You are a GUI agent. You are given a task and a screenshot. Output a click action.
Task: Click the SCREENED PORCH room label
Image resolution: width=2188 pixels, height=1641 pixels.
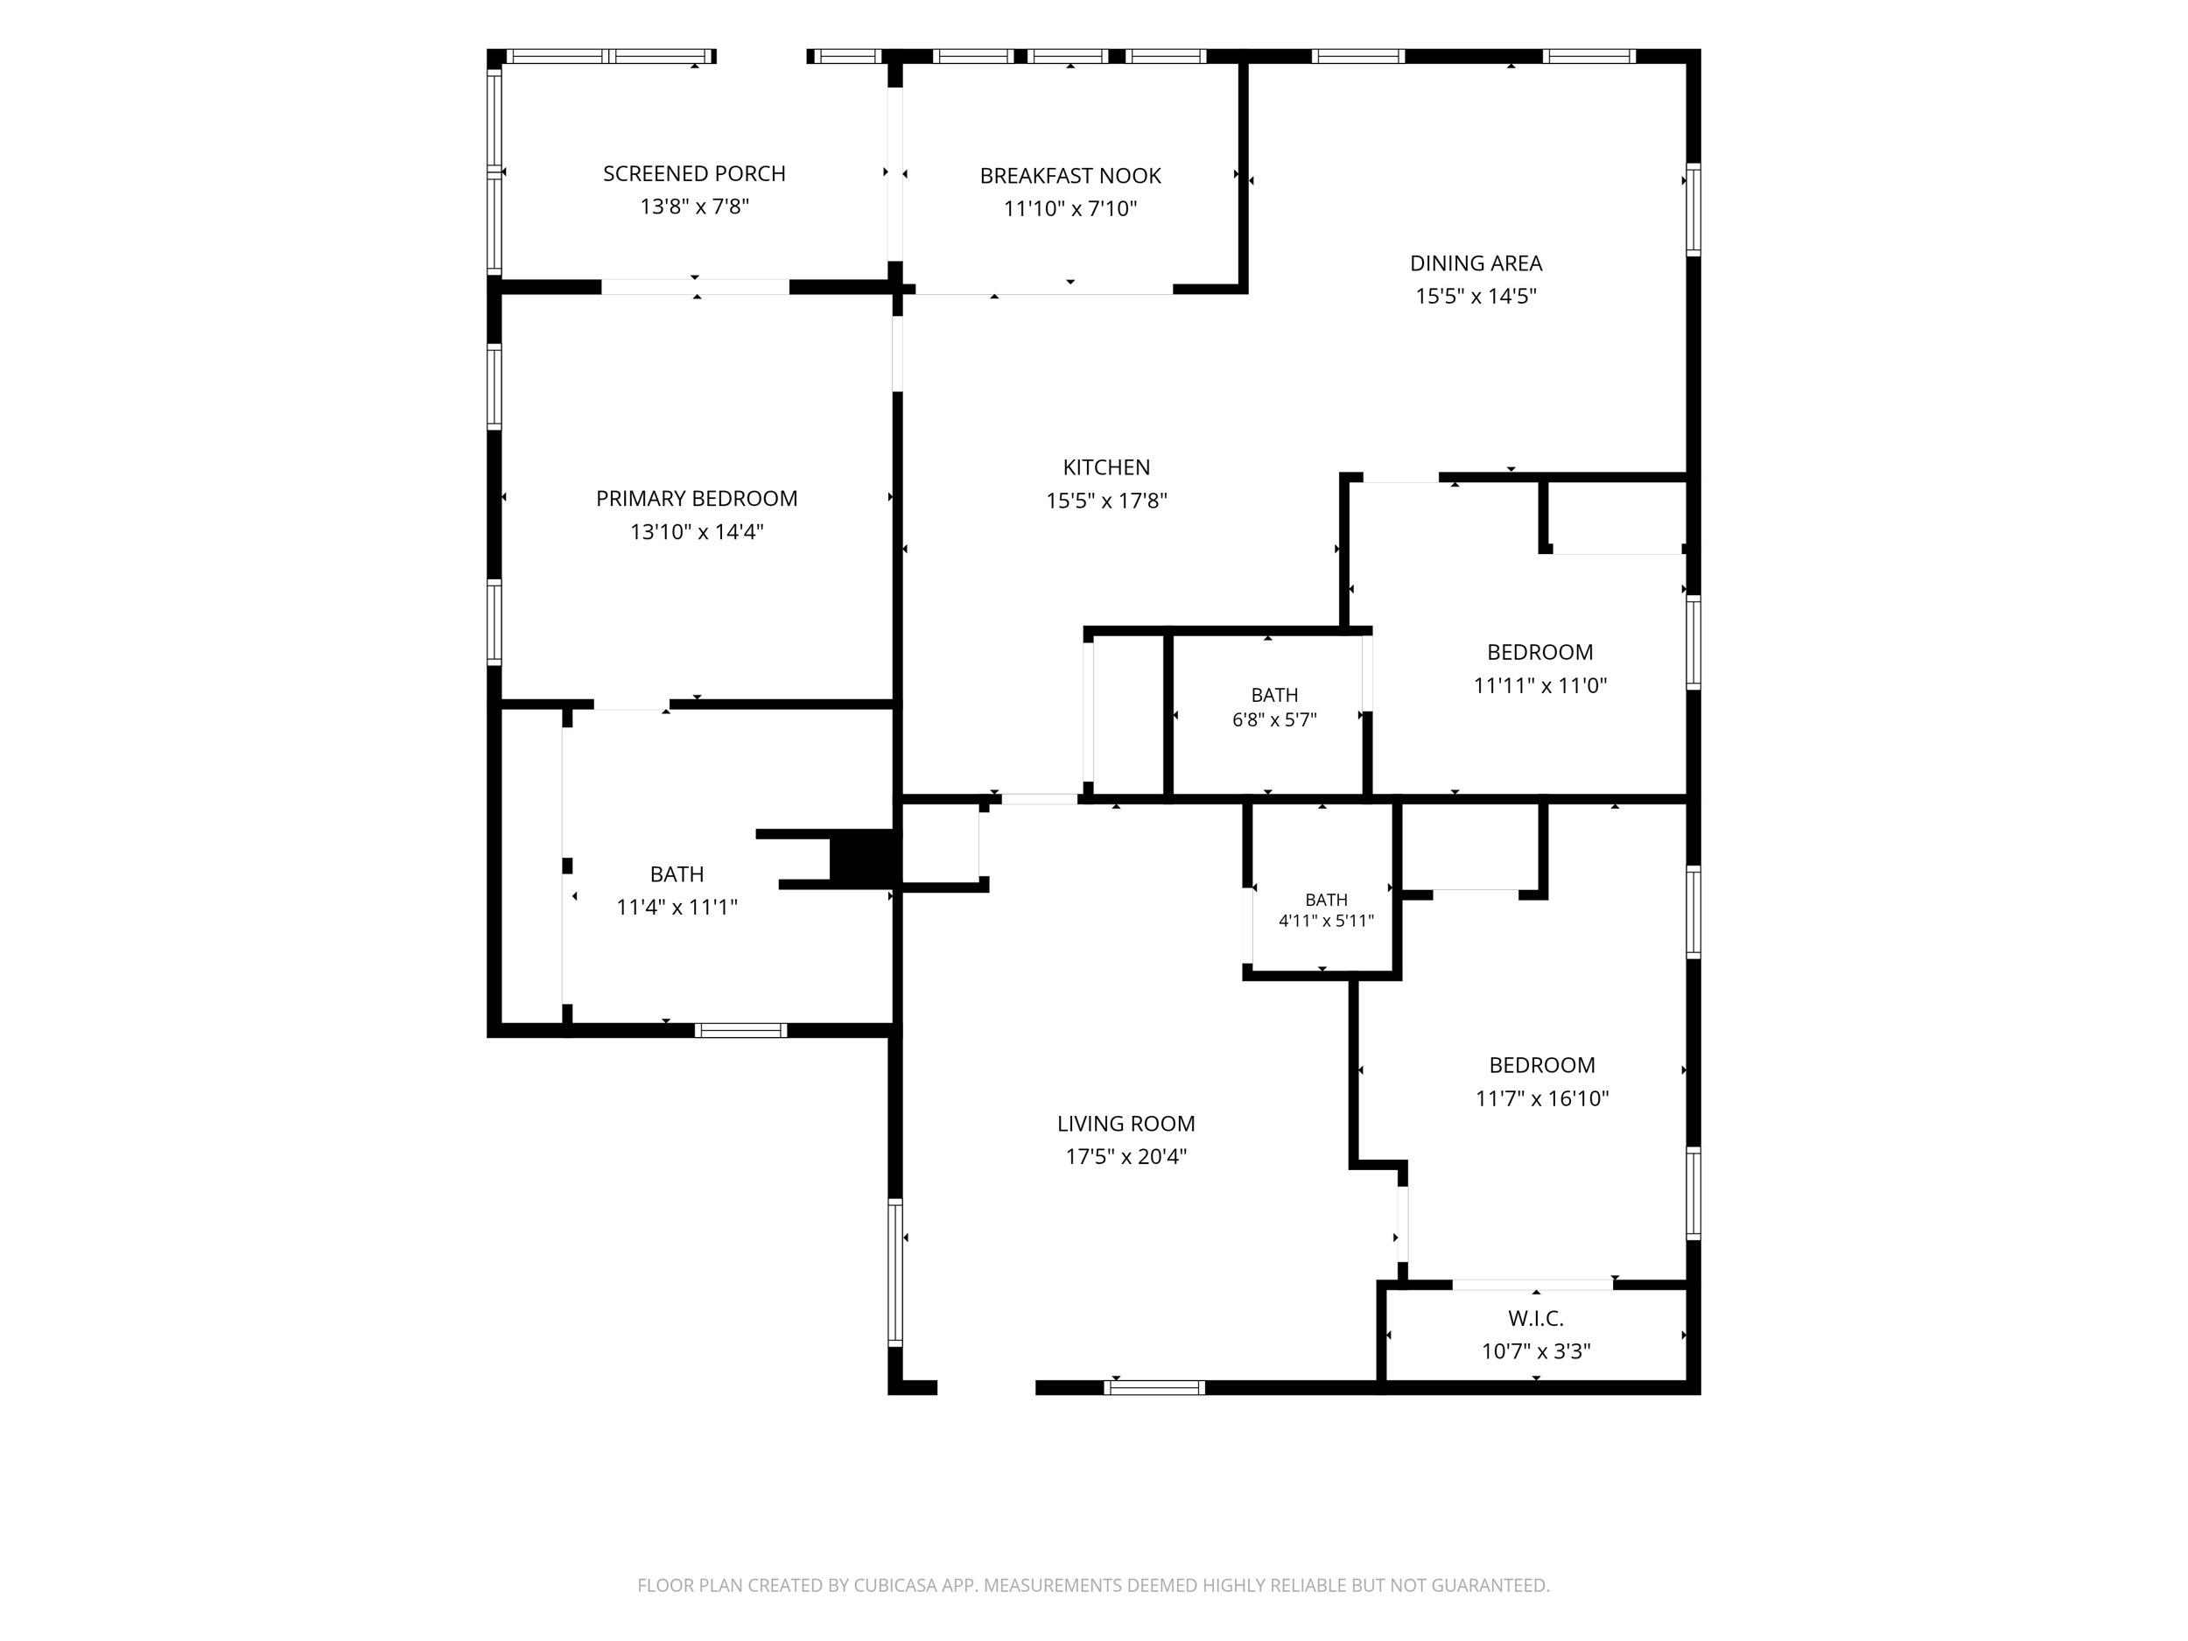coord(694,174)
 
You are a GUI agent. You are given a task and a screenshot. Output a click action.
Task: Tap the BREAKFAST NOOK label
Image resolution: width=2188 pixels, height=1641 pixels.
coord(1070,176)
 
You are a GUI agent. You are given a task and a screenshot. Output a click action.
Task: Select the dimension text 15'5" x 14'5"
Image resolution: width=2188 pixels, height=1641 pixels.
coord(1476,296)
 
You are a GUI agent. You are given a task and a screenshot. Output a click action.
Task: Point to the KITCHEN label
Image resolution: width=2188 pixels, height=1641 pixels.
coord(1107,466)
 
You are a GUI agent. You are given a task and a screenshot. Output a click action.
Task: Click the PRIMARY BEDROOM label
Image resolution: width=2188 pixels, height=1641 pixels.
coord(697,499)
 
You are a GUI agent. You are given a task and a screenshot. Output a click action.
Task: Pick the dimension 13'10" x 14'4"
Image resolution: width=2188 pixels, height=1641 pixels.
coord(698,532)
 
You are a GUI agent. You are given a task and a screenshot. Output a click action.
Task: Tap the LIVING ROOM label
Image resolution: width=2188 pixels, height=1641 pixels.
coord(1126,1124)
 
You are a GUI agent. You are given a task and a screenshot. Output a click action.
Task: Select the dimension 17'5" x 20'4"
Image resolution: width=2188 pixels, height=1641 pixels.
coord(1126,1156)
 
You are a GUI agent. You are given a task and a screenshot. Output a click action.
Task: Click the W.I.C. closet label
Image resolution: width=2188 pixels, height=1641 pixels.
coord(1536,1319)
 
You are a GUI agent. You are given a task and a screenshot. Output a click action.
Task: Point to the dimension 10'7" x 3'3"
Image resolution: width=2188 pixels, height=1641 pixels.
coord(1536,1351)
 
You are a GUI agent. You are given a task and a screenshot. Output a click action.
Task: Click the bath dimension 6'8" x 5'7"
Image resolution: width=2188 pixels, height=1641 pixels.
coord(1274,720)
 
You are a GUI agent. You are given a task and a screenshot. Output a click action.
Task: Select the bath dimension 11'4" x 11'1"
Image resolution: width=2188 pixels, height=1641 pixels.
coord(677,907)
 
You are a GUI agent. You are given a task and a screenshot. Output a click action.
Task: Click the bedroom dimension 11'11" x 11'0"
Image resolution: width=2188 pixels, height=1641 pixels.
coord(1540,685)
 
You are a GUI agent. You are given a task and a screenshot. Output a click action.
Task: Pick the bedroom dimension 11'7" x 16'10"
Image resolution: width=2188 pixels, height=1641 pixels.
coord(1542,1098)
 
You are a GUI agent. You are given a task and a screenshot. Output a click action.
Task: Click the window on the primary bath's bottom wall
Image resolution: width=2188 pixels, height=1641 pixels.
coord(741,1030)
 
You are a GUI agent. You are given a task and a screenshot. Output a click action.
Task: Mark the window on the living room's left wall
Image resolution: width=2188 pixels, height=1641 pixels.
coord(895,1272)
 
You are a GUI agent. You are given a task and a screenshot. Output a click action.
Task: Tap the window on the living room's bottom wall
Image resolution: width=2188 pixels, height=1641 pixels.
coord(1154,1387)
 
